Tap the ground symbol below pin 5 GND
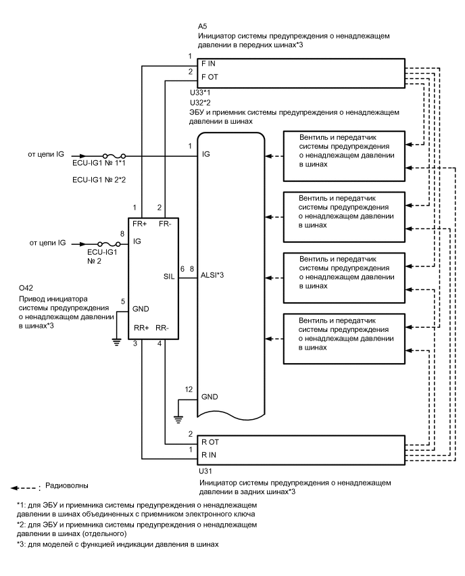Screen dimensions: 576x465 (116, 342)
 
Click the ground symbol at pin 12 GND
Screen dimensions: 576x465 (178, 418)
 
